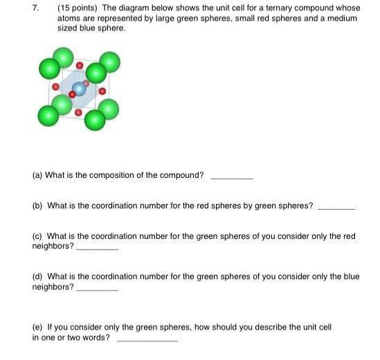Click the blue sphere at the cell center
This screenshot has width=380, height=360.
[79, 88]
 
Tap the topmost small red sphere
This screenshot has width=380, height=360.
[80, 66]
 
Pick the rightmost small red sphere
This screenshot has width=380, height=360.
[102, 91]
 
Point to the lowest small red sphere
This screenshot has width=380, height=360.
[78, 112]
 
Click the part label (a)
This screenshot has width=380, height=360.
[37, 175]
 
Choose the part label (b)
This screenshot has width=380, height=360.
[37, 206]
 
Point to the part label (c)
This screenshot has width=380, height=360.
[37, 236]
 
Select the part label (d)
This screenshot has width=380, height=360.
[37, 276]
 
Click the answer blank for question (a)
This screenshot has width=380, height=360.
[231, 178]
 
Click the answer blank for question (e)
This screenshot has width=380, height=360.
[147, 340]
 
